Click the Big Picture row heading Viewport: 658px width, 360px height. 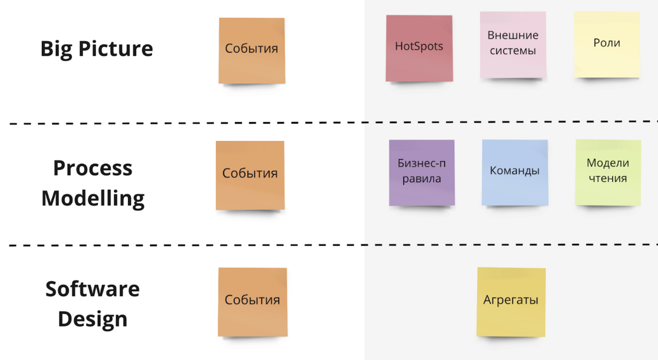click(97, 48)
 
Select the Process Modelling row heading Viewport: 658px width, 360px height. click(93, 183)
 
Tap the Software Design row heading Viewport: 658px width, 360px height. click(93, 304)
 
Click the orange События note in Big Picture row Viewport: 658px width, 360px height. click(252, 51)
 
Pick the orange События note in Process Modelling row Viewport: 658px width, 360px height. click(250, 175)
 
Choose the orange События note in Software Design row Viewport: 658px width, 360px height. click(252, 302)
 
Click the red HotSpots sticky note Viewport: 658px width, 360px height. click(419, 48)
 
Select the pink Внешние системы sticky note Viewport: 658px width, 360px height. click(513, 45)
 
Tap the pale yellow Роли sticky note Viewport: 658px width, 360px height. click(606, 45)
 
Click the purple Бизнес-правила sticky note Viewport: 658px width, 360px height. click(422, 172)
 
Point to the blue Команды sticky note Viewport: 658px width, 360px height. click(515, 172)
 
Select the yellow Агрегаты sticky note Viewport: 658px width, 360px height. click(511, 302)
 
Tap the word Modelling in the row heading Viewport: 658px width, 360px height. click(93, 198)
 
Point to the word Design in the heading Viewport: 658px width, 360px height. click(93, 319)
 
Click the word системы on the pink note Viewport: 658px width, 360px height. click(513, 51)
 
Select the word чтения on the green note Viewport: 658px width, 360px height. click(608, 179)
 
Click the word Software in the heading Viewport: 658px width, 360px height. click(93, 289)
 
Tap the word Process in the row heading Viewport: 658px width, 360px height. click(93, 168)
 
